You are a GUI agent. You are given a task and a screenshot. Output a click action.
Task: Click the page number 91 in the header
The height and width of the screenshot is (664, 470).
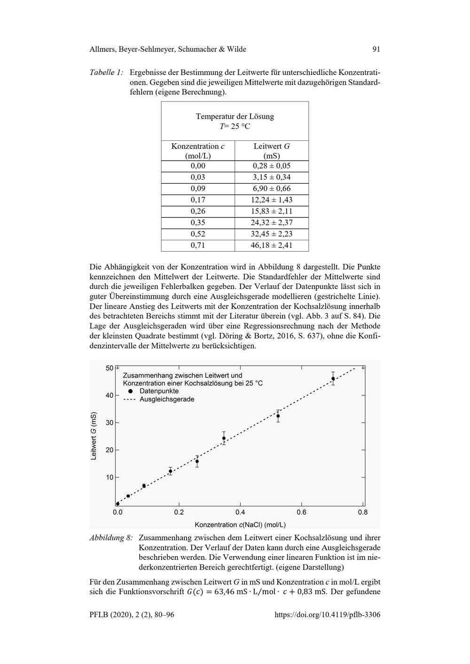tap(376, 49)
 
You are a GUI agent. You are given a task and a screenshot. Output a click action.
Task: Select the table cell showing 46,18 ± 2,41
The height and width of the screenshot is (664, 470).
tap(271, 245)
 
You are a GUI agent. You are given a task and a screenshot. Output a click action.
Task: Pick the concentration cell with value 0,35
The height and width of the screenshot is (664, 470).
tap(198, 223)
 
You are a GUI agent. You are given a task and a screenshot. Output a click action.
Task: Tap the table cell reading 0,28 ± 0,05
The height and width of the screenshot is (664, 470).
tap(271, 166)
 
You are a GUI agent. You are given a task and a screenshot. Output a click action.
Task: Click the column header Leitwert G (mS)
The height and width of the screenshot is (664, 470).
tap(271, 151)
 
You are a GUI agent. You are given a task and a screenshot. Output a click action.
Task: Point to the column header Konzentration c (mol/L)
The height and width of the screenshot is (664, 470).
tap(198, 151)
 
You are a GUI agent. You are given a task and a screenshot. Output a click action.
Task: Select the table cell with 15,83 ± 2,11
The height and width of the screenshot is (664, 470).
tap(271, 211)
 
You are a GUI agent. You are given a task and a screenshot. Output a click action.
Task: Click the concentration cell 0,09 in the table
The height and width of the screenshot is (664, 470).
tap(198, 189)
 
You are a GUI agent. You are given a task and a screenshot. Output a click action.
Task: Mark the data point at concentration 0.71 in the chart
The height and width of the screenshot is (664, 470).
tap(333, 378)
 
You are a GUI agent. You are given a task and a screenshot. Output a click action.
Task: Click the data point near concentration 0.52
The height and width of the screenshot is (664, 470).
tap(278, 416)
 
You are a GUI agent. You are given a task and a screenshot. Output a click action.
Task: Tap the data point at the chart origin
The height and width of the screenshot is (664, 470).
tap(117, 504)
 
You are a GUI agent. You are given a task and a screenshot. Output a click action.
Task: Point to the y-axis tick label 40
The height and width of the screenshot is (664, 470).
tap(110, 395)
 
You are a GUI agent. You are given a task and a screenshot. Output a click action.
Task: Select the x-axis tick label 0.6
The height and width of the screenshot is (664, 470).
tap(301, 512)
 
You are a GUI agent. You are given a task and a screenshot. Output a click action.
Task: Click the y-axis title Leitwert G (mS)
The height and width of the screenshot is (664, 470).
tap(94, 436)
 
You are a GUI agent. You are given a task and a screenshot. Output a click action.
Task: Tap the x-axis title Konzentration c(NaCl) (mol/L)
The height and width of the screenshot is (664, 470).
tap(240, 525)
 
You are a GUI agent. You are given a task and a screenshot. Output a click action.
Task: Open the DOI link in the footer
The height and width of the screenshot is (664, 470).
tap(327, 614)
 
